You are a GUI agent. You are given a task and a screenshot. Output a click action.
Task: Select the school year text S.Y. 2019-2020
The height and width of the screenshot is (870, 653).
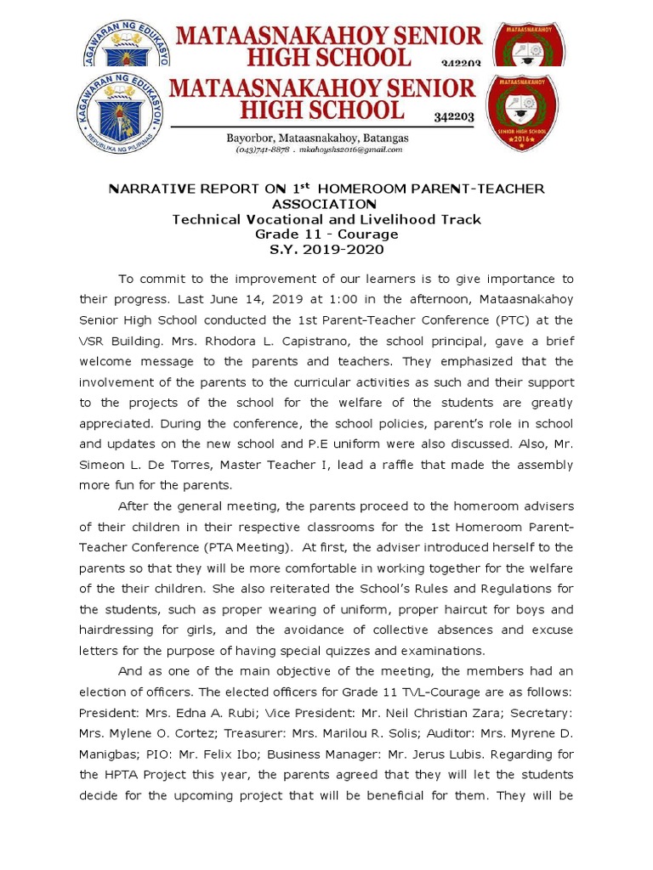(x=326, y=249)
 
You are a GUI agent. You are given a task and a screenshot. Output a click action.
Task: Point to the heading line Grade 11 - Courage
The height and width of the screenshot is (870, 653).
(x=326, y=234)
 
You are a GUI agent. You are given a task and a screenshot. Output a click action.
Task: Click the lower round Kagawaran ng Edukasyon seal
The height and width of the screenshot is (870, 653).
(x=122, y=114)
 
